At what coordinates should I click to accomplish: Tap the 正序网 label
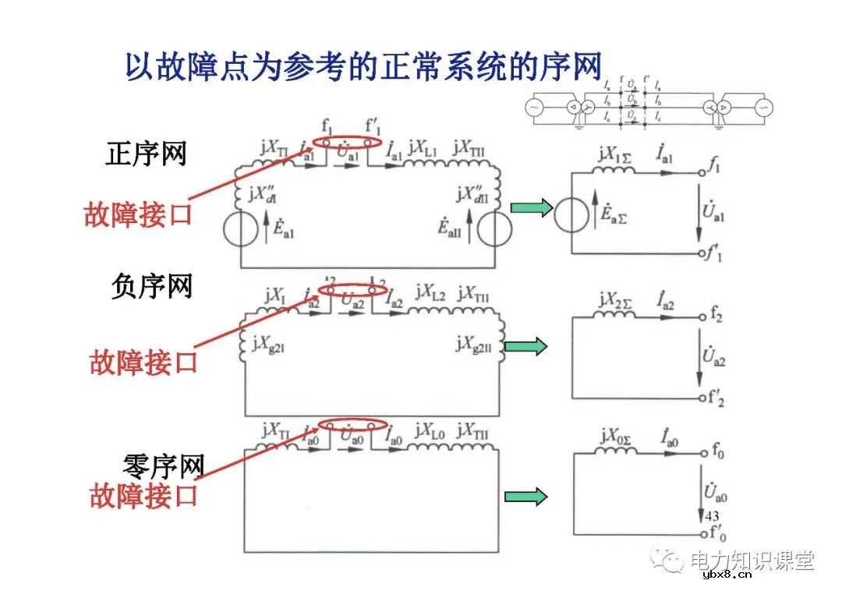(x=147, y=154)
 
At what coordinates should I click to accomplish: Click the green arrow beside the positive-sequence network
(x=531, y=207)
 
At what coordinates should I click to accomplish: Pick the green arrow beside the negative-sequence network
(x=526, y=346)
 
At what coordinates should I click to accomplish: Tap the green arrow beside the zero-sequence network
(x=526, y=497)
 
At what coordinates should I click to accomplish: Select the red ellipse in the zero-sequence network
(x=355, y=426)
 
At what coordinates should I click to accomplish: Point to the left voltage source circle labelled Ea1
(x=242, y=229)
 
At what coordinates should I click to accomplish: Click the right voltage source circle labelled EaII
(x=493, y=229)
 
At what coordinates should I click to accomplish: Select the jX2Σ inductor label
(x=616, y=299)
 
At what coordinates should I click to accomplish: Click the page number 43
(x=711, y=516)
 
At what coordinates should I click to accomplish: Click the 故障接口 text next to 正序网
(x=138, y=214)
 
